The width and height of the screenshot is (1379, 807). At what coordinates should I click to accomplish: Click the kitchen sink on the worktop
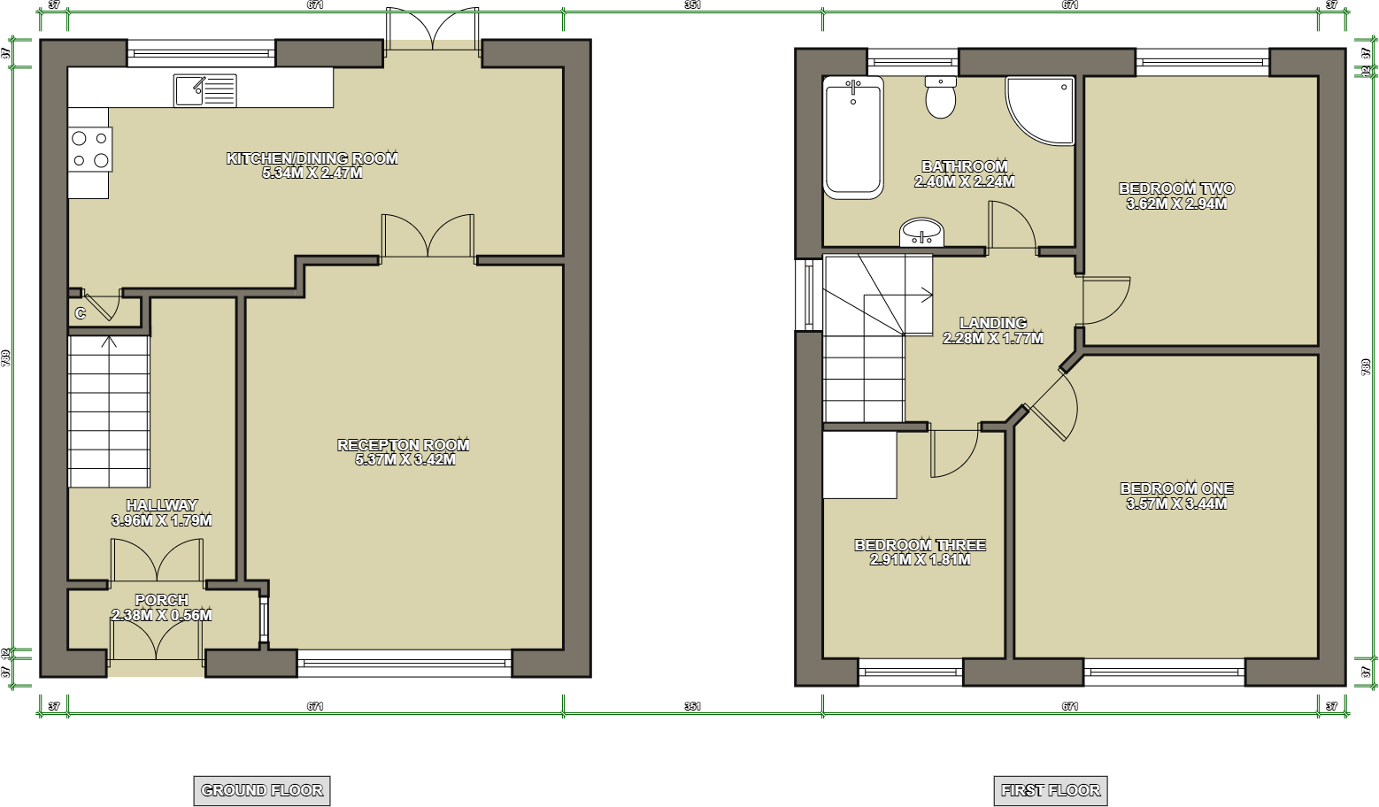coord(205,90)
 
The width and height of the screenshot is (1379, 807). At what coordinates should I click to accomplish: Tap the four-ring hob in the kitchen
coord(90,150)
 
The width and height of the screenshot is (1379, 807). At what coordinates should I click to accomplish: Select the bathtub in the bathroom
coord(853,137)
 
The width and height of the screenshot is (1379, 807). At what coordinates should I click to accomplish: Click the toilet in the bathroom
coord(940,97)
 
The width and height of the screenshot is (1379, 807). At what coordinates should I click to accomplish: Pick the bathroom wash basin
coord(921,234)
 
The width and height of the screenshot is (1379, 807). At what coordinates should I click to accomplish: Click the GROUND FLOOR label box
coord(262,790)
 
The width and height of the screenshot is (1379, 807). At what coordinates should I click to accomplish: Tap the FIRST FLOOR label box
coord(1051,790)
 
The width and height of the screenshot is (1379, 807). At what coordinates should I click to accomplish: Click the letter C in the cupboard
coord(81,313)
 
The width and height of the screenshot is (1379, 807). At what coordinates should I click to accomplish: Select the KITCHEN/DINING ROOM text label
coord(312,158)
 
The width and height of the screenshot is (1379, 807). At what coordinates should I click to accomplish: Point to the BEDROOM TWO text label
coord(1176,188)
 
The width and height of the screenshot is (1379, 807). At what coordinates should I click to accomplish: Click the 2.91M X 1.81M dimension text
coord(921,560)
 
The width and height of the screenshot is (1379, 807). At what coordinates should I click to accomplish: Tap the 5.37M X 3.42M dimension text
coord(404,460)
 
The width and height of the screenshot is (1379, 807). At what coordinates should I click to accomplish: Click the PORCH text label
coord(162,600)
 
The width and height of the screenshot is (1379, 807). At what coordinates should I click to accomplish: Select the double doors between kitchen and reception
coord(428,237)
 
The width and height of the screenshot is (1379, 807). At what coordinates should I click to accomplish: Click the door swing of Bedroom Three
coord(953,452)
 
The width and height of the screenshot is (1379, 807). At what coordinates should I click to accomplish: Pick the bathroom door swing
coord(1011,226)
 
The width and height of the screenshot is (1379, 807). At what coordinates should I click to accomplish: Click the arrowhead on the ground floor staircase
coord(110,340)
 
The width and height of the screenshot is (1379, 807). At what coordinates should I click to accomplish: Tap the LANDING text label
coord(993,323)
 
